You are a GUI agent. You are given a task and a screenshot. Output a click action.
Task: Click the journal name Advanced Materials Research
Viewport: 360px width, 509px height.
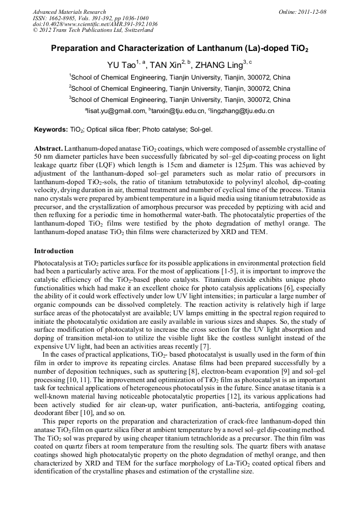(x=69, y=12)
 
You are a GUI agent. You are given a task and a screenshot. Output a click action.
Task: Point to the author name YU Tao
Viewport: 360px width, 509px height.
(x=120, y=65)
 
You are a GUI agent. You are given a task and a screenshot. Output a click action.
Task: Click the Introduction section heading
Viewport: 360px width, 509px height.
(x=54, y=251)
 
